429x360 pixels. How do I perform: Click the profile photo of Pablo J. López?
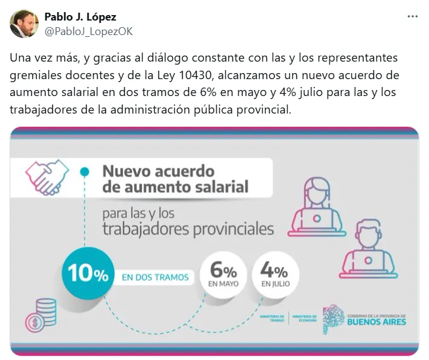coord(24,24)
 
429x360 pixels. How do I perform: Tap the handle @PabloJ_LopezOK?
coord(88,31)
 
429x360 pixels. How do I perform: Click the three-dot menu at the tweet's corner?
coord(412,17)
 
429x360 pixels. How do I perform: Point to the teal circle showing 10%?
coord(88,274)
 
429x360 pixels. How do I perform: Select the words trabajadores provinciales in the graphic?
coord(188,230)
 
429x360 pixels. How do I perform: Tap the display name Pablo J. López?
coord(80,16)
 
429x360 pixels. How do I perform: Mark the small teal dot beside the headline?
coord(85,172)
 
